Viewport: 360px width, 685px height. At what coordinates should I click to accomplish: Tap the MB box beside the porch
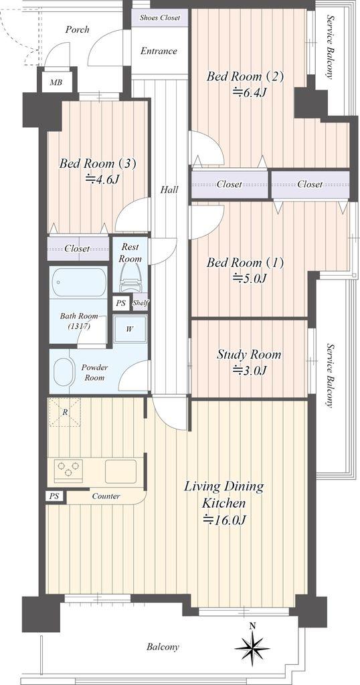coord(56,82)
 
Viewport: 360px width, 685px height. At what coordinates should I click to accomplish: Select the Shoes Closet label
coord(160,18)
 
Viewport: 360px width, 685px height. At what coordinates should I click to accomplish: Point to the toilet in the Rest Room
coord(130,279)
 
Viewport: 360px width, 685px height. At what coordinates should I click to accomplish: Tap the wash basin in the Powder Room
coord(64,372)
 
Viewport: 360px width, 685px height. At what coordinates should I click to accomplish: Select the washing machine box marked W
coord(130,329)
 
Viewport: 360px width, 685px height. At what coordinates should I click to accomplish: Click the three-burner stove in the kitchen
coord(68,470)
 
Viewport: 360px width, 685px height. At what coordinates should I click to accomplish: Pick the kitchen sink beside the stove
coord(120,471)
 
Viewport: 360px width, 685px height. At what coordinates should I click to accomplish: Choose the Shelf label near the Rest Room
coord(141,303)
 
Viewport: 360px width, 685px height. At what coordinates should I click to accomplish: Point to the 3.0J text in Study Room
coord(250,370)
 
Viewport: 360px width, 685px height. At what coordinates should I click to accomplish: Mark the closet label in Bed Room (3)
coord(78,249)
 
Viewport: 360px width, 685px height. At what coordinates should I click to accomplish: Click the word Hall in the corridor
coord(169,189)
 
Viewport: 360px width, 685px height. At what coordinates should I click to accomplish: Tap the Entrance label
coord(159,51)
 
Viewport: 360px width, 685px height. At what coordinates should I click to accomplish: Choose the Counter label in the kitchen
coord(106,496)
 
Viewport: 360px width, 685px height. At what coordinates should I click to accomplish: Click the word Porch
coord(78,29)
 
